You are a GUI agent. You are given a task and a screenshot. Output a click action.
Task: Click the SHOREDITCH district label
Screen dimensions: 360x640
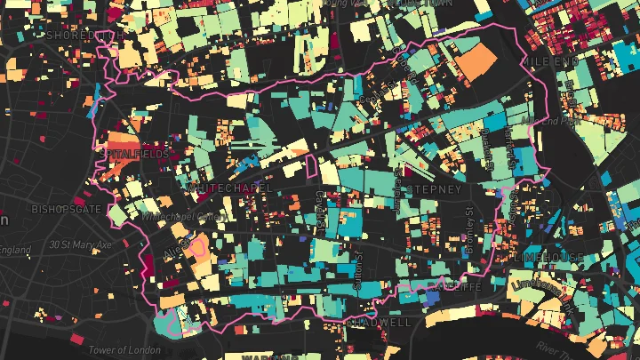[x=84, y=36]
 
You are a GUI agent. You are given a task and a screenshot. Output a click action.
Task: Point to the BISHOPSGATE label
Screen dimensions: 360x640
[x=67, y=211]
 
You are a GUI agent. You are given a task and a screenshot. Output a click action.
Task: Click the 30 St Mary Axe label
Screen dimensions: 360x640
[x=79, y=244]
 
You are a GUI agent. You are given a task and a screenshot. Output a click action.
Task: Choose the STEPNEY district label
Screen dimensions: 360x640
[x=434, y=190]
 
